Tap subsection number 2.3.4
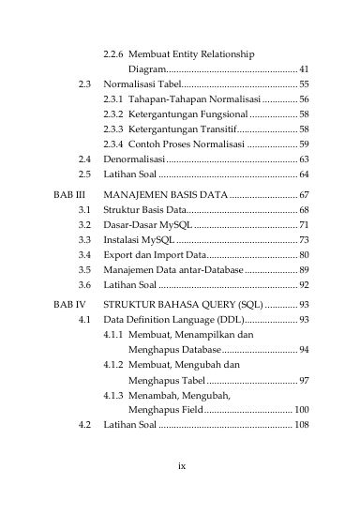point(113,144)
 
